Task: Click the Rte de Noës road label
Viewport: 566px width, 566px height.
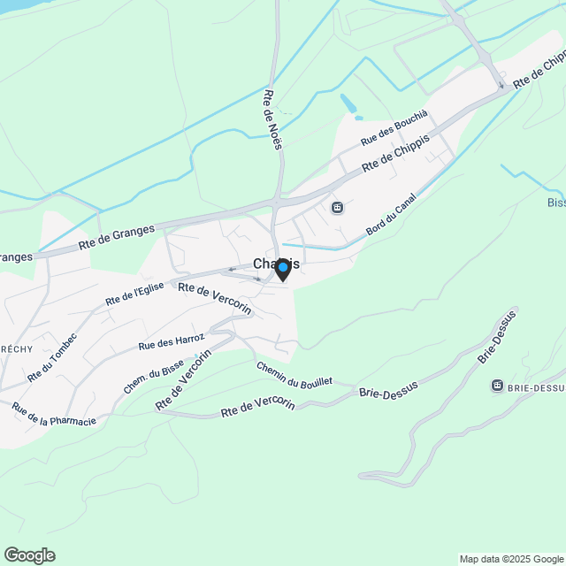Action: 272,119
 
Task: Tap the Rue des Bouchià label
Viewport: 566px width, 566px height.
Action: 394,129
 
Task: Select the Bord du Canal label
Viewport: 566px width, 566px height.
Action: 391,215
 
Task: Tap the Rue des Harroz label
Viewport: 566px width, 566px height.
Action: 172,342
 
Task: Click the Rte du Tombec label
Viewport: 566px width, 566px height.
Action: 52,356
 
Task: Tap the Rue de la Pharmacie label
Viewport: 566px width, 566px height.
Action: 53,414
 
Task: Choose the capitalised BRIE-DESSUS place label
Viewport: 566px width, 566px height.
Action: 536,387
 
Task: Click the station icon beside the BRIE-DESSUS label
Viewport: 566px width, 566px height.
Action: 497,386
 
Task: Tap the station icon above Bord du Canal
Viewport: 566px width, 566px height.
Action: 337,208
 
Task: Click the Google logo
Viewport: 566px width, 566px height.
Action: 29,555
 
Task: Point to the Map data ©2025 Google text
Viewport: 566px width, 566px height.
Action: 511,559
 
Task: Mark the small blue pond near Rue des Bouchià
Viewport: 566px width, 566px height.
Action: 348,103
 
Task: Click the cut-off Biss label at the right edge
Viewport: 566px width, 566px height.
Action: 555,203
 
